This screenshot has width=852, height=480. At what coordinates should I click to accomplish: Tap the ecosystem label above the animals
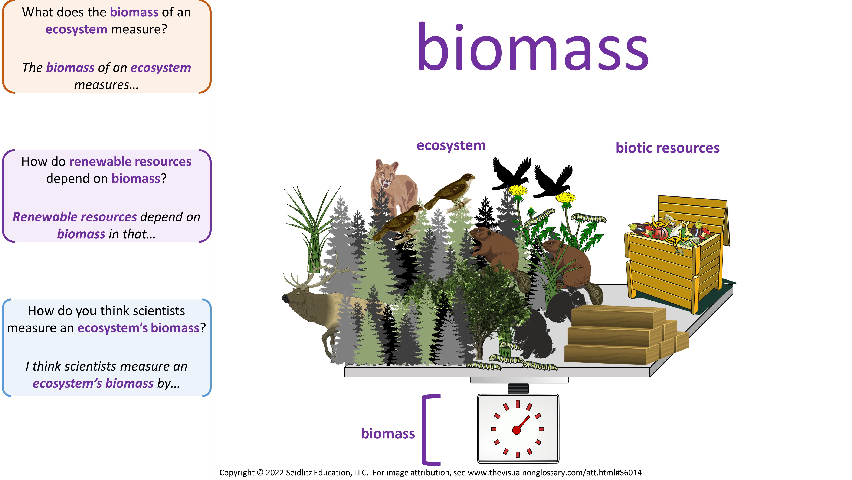[x=451, y=146]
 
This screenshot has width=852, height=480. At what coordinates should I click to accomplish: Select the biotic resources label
[x=668, y=148]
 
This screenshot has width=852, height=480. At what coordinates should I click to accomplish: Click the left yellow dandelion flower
[x=518, y=191]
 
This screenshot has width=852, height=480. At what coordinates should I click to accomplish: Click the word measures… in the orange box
[x=106, y=85]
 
